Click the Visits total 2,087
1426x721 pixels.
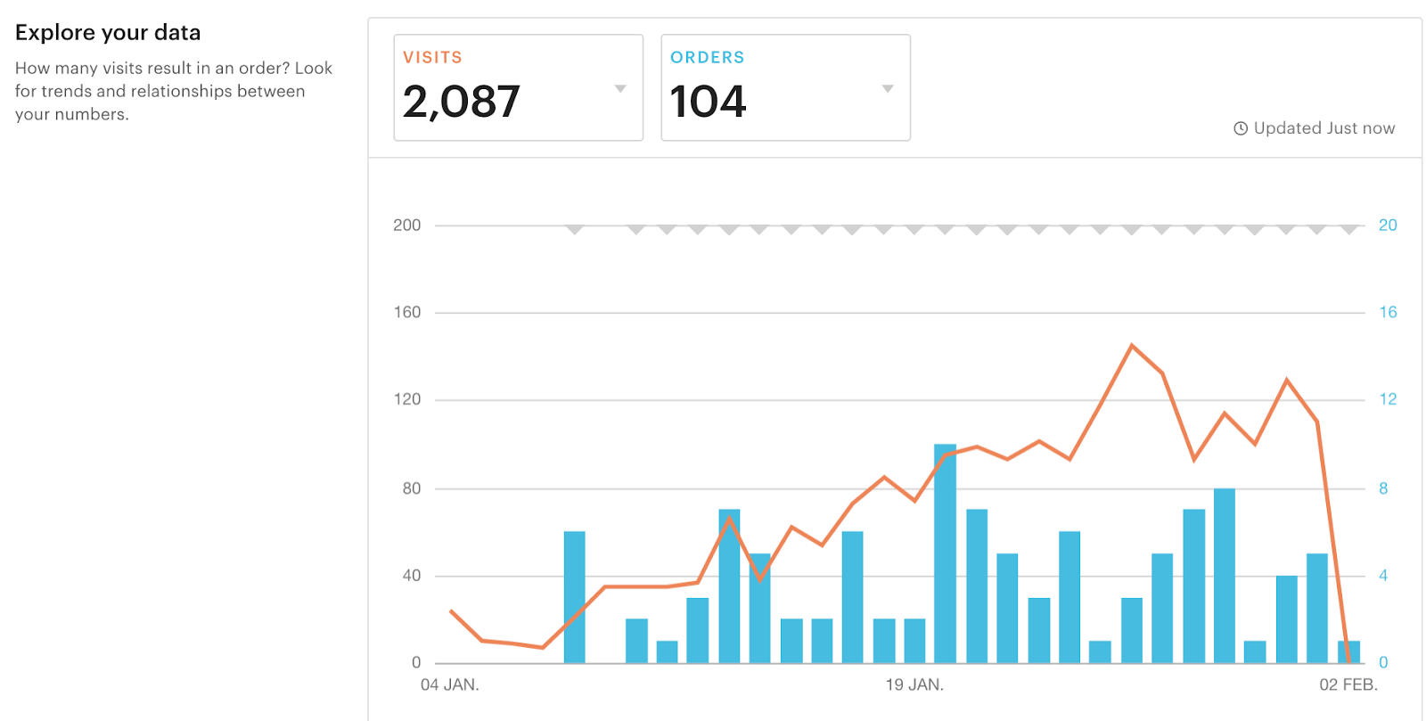coord(461,102)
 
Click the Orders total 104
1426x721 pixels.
coord(708,102)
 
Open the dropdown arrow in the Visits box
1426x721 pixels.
coord(620,88)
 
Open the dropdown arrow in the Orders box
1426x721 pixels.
coord(888,88)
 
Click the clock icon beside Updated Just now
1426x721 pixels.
coord(1240,128)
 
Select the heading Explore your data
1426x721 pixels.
coord(108,33)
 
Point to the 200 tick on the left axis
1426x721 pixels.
coord(407,225)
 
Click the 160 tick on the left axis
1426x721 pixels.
coord(407,313)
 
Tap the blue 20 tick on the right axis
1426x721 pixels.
coord(1388,225)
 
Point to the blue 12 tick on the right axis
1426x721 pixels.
coord(1388,399)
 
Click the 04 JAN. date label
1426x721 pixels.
coord(450,684)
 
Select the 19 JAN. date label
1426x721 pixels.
coord(914,684)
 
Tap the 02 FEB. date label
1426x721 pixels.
coord(1348,684)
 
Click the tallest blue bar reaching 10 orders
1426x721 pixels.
coord(946,553)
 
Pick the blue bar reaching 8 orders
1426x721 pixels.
coord(1225,575)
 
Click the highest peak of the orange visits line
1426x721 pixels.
coord(1132,345)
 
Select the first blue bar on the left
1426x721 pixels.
coord(575,597)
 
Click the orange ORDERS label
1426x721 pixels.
coord(708,58)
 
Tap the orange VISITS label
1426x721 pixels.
coord(432,58)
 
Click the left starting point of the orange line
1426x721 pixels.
coord(451,610)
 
